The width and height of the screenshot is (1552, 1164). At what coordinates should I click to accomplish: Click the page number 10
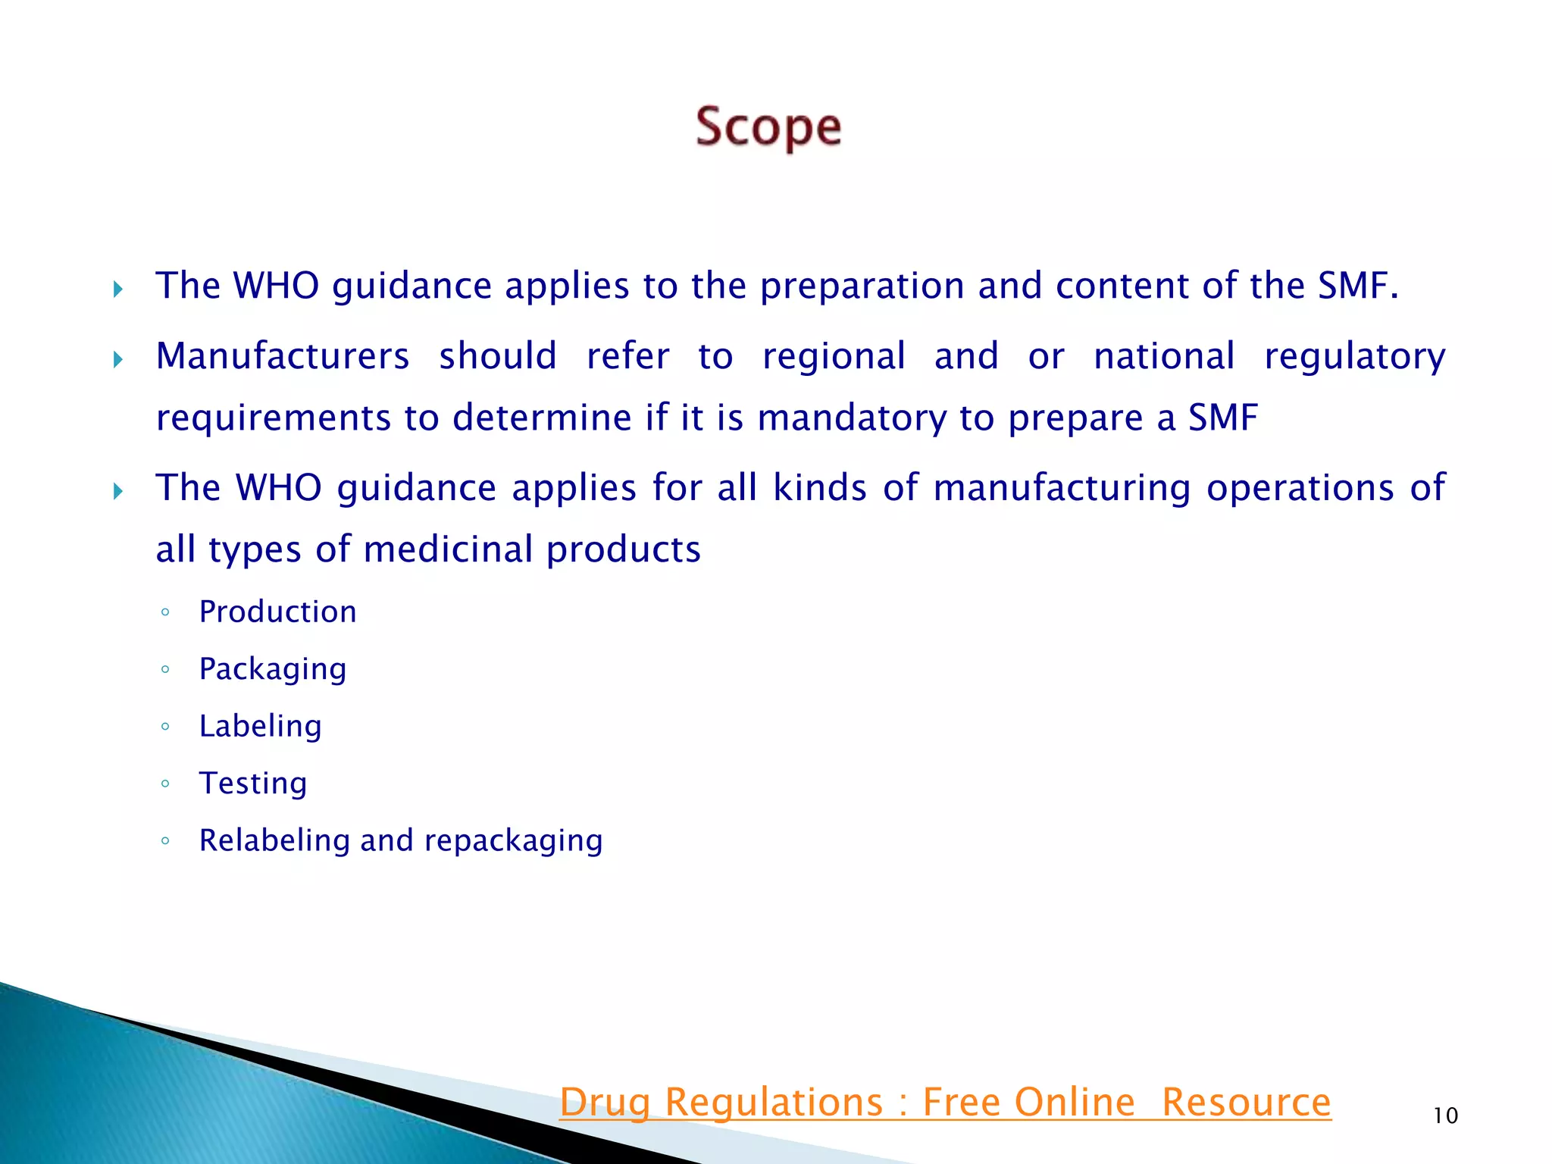(1445, 1115)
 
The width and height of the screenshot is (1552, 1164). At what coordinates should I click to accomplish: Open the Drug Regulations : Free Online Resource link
(945, 1102)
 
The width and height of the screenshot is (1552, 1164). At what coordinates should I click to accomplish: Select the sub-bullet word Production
(277, 612)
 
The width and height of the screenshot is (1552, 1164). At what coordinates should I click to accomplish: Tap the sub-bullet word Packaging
(273, 669)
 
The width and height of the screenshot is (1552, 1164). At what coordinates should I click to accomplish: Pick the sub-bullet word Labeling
(260, 726)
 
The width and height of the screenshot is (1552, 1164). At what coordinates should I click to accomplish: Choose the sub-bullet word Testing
(253, 783)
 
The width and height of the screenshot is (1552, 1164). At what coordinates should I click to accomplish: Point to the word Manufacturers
(282, 356)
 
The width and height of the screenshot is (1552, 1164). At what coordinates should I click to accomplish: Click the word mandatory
(851, 418)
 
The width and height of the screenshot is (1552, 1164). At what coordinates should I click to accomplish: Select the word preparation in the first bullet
(862, 286)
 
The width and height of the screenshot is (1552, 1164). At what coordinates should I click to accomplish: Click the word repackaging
(513, 841)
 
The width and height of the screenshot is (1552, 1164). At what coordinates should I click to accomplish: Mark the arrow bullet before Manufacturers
(117, 358)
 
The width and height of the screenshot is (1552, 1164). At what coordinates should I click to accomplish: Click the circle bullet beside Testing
(165, 783)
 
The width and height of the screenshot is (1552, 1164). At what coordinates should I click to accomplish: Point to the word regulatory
(1354, 357)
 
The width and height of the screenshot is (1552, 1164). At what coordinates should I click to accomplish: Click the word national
(1164, 356)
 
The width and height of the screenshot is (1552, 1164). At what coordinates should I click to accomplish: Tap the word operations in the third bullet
(1300, 487)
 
